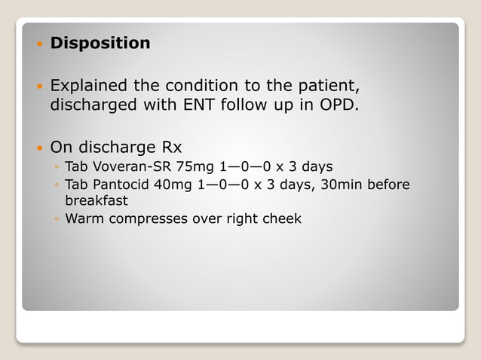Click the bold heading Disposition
coord(100,44)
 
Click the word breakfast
coord(97,201)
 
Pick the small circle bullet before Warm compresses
coord(57,220)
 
